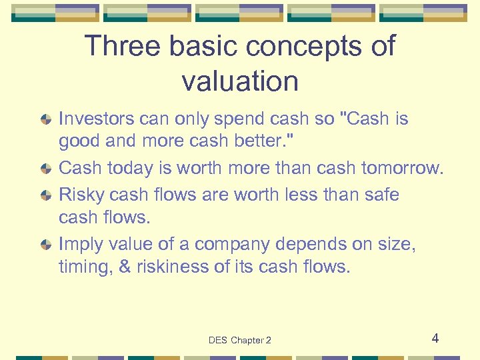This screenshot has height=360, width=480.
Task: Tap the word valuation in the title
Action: coord(240,81)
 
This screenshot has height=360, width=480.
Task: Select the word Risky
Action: coord(81,195)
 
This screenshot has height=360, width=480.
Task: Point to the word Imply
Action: coord(79,245)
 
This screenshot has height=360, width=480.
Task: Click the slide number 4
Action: coord(435,338)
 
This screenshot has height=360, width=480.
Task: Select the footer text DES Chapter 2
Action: coord(240,340)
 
